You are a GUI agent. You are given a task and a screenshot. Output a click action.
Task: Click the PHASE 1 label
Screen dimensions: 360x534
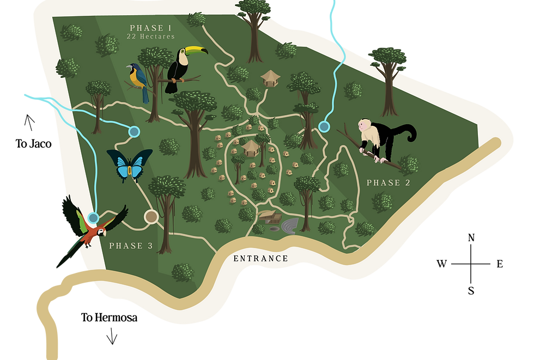pos(150,27)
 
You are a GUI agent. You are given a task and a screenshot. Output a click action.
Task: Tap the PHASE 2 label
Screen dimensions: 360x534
pos(388,183)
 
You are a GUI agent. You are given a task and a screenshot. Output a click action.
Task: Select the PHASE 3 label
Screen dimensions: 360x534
pos(131,246)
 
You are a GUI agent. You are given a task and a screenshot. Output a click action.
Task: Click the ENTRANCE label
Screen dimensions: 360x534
pos(260,259)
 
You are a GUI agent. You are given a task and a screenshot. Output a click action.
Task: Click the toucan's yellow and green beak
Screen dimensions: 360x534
pos(197,51)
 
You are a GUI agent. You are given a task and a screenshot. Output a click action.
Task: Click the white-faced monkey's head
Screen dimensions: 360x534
pos(364,126)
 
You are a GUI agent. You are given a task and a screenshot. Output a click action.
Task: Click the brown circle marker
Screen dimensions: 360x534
pos(151,217)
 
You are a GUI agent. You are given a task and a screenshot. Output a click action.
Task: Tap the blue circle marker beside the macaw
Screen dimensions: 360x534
pos(93,218)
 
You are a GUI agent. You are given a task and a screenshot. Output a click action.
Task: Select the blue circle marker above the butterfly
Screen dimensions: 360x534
pos(133,131)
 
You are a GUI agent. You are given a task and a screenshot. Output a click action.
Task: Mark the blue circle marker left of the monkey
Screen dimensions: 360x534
pos(324,127)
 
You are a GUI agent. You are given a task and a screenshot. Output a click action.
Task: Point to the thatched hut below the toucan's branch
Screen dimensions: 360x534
pos(270,78)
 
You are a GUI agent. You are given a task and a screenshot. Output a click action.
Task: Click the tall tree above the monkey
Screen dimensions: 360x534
pos(387,76)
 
